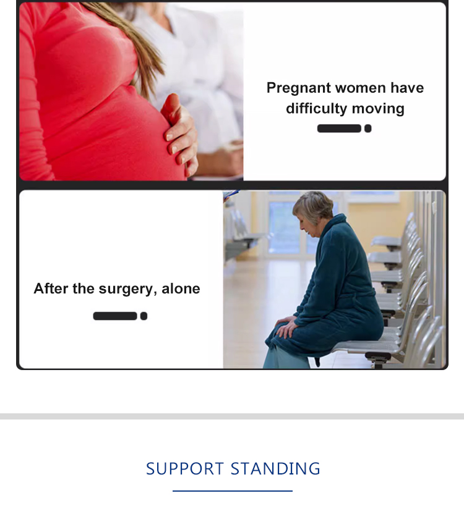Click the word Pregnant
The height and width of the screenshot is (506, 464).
(299, 88)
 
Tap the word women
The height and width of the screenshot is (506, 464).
(361, 88)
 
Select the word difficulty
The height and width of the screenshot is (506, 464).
(316, 109)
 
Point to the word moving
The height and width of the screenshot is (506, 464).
(378, 109)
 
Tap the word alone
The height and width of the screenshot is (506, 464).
(181, 289)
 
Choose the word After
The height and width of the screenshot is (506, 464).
(51, 288)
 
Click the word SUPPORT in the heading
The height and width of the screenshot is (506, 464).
(185, 468)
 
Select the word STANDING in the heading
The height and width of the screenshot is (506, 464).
(275, 468)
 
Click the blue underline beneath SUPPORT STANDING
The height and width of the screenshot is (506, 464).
(233, 491)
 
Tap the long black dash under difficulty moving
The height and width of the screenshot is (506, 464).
(339, 129)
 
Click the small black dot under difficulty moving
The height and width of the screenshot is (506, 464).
(367, 129)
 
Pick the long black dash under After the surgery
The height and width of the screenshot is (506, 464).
(115, 316)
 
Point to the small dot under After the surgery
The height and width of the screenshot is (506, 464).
(144, 316)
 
